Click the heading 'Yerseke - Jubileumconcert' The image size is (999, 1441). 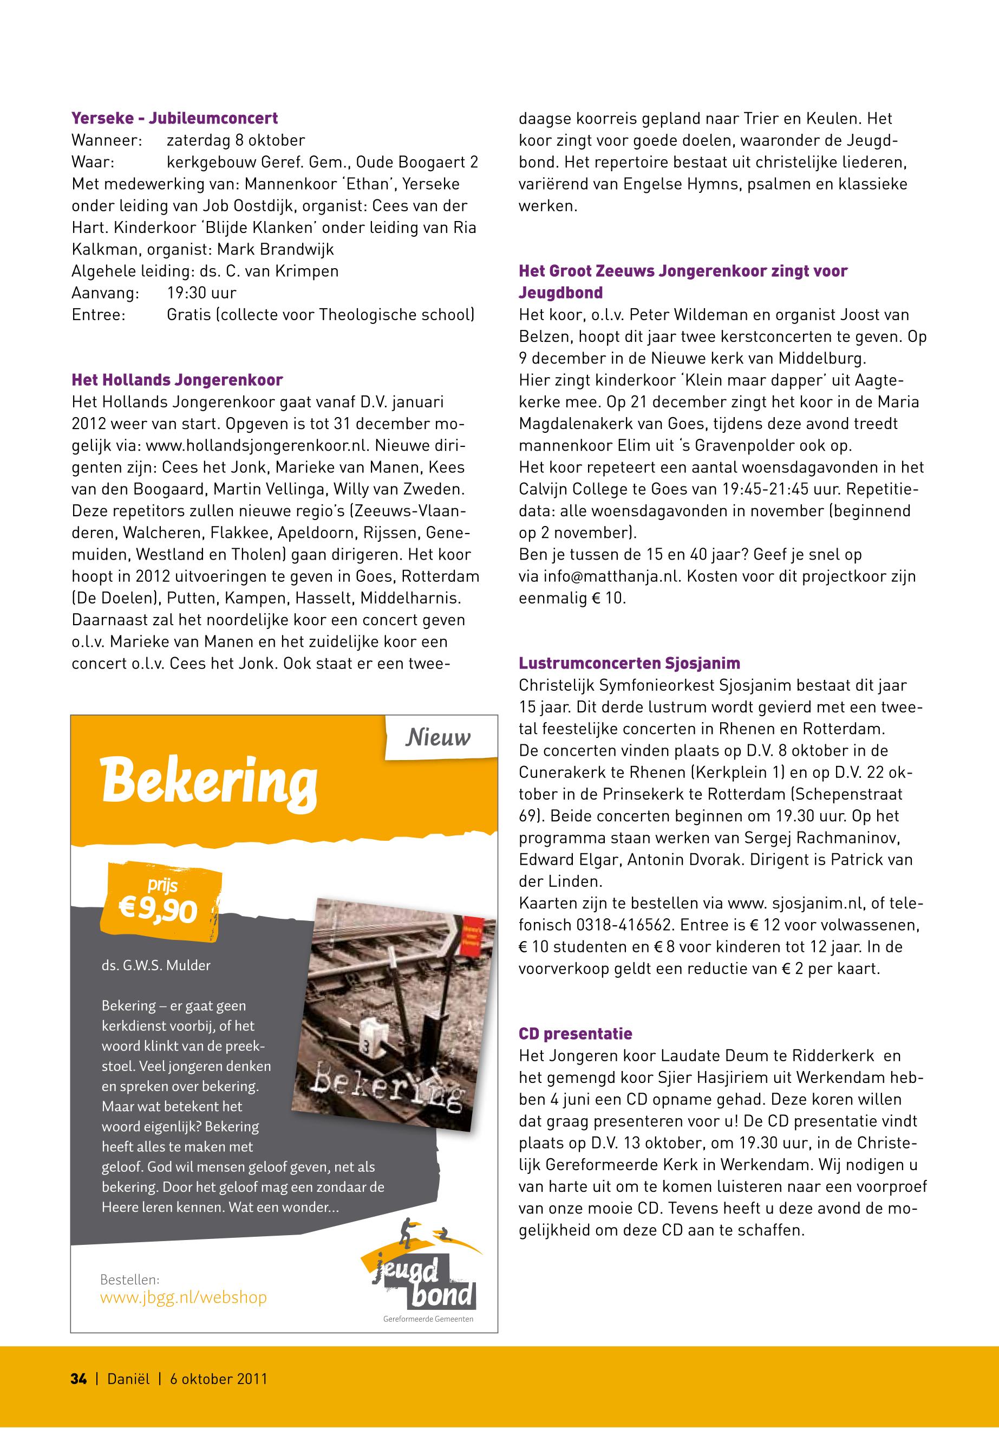tap(175, 118)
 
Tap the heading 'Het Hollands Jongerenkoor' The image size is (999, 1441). tap(177, 380)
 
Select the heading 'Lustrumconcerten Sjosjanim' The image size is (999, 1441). tap(629, 663)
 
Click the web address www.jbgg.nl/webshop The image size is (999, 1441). tap(184, 1297)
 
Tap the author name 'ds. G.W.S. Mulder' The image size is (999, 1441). tap(156, 965)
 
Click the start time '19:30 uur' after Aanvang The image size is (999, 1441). tap(201, 293)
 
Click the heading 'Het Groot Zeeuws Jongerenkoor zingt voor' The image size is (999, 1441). tap(683, 271)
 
